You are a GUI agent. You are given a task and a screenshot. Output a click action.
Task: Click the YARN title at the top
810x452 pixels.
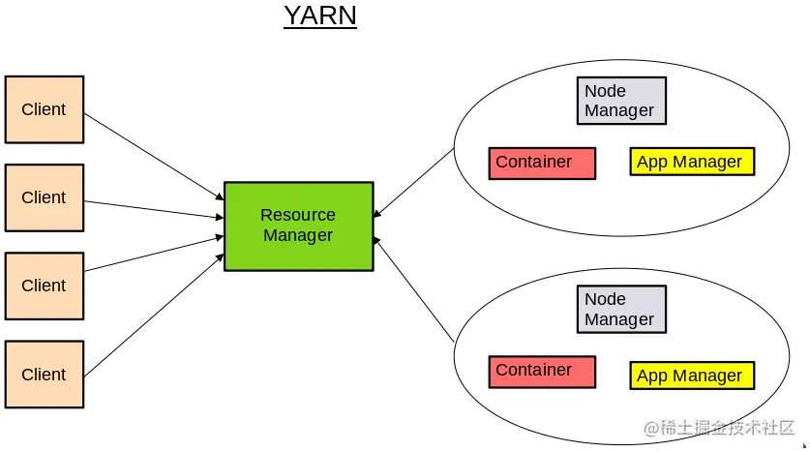tap(320, 16)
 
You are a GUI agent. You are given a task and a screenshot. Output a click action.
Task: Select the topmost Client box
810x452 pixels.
tap(44, 109)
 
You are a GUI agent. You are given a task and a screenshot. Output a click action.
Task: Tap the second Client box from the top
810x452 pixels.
tap(44, 197)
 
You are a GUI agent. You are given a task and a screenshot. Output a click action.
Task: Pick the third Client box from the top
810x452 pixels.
tap(44, 286)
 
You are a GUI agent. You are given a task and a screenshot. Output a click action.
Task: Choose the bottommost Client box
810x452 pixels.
tap(44, 374)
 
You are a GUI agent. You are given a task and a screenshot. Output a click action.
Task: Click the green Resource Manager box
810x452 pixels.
tap(298, 226)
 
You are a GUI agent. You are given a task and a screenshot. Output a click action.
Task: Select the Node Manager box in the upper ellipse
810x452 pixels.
tap(620, 101)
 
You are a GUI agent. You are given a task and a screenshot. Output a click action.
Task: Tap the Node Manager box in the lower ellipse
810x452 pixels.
tap(620, 310)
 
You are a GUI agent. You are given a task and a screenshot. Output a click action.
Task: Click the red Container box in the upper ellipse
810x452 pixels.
tap(542, 163)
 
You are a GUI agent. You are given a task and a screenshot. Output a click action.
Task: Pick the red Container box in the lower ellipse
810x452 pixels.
tap(542, 372)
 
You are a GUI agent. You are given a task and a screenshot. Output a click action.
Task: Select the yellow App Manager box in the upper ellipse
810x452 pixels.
tap(691, 162)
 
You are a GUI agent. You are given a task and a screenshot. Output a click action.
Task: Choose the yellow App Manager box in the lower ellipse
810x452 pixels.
tap(691, 376)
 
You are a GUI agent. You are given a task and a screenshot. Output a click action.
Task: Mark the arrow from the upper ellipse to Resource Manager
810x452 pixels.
tap(413, 183)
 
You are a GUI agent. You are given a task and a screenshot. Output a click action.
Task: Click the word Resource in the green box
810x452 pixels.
tap(298, 215)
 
